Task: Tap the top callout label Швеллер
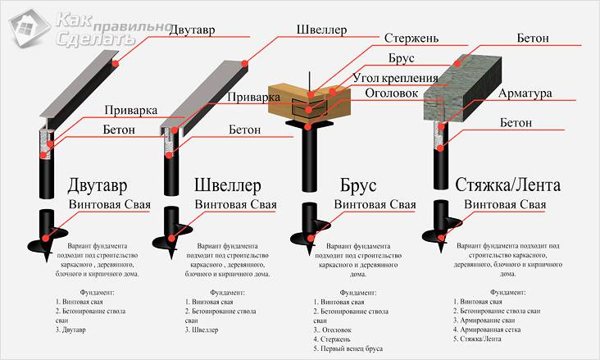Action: click(320, 30)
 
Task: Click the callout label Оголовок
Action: click(398, 94)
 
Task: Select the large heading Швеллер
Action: click(231, 185)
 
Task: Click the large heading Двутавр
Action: click(93, 185)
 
